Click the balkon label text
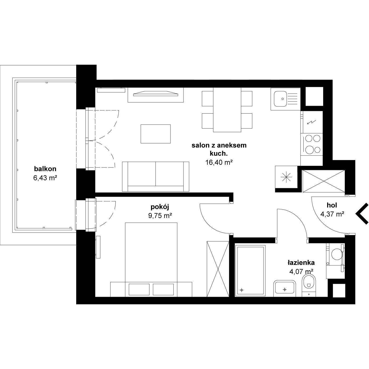pyautogui.click(x=45, y=169)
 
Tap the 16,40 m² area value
pyautogui.click(x=219, y=163)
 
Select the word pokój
pyautogui.click(x=160, y=207)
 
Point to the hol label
pyautogui.click(x=332, y=205)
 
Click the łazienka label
pyautogui.click(x=301, y=263)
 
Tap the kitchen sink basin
pyautogui.click(x=280, y=99)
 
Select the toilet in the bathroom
pyautogui.click(x=308, y=285)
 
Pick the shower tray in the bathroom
pyautogui.click(x=250, y=271)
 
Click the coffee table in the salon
pyautogui.click(x=156, y=134)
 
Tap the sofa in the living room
pyautogui.click(x=156, y=177)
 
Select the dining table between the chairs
pyautogui.click(x=227, y=110)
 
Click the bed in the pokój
pyautogui.click(x=151, y=259)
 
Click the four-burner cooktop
pyautogui.click(x=312, y=144)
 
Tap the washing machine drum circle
pyautogui.click(x=336, y=254)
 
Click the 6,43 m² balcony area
pyautogui.click(x=45, y=178)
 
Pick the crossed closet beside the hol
pyautogui.click(x=323, y=181)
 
